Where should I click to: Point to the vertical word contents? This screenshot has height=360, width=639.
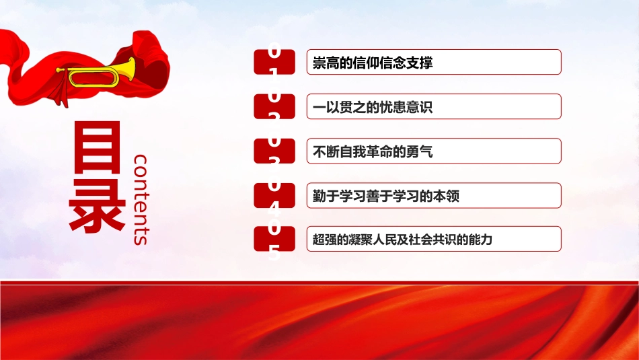click(142, 199)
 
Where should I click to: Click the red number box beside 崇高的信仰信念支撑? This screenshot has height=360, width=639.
click(274, 62)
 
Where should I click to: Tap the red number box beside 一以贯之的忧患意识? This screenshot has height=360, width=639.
click(274, 106)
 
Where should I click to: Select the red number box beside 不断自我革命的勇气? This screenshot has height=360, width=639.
click(274, 151)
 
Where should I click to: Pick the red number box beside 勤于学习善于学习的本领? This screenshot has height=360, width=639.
click(274, 195)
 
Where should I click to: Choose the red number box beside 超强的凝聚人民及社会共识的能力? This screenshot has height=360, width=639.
click(274, 239)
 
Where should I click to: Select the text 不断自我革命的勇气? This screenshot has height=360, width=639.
click(373, 151)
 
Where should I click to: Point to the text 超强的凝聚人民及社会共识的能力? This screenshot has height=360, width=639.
click(403, 240)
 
